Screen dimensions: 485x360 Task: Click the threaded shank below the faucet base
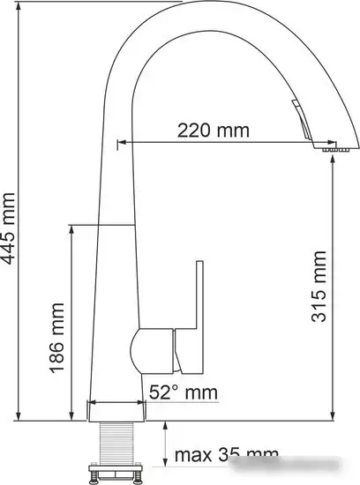tap(116, 441)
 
